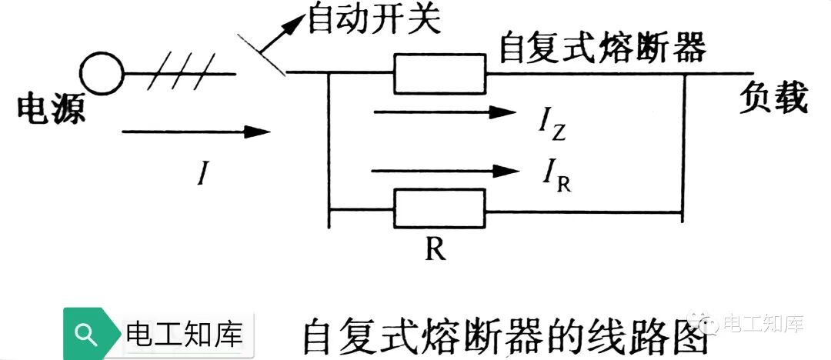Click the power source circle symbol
[x=103, y=75]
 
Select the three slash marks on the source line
[x=179, y=75]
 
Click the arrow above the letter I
[x=196, y=132]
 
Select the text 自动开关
[x=375, y=21]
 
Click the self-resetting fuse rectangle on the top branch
[x=439, y=75]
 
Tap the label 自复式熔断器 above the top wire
[x=602, y=48]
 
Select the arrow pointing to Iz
[x=444, y=113]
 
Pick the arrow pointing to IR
[x=444, y=170]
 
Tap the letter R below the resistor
[x=436, y=251]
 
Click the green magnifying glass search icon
[x=88, y=334]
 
